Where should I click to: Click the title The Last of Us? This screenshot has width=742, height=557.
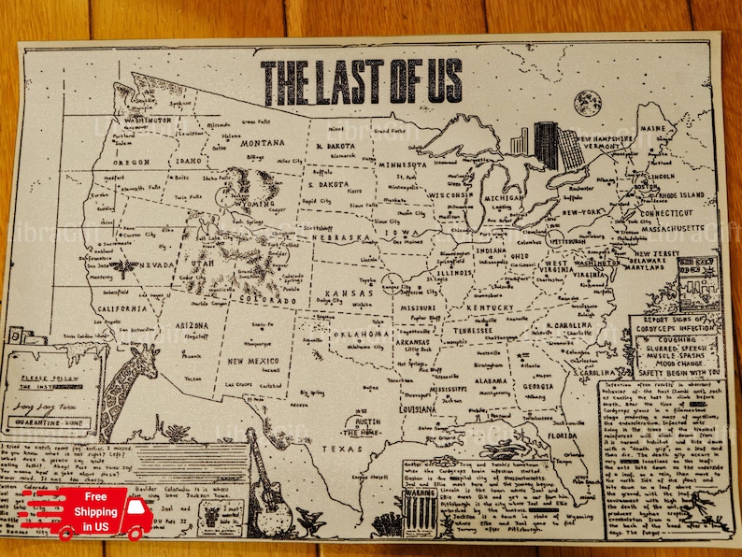click(x=361, y=81)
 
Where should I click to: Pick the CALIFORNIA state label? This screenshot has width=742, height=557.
click(x=118, y=308)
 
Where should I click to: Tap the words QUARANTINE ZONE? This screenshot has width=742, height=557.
click(x=52, y=421)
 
